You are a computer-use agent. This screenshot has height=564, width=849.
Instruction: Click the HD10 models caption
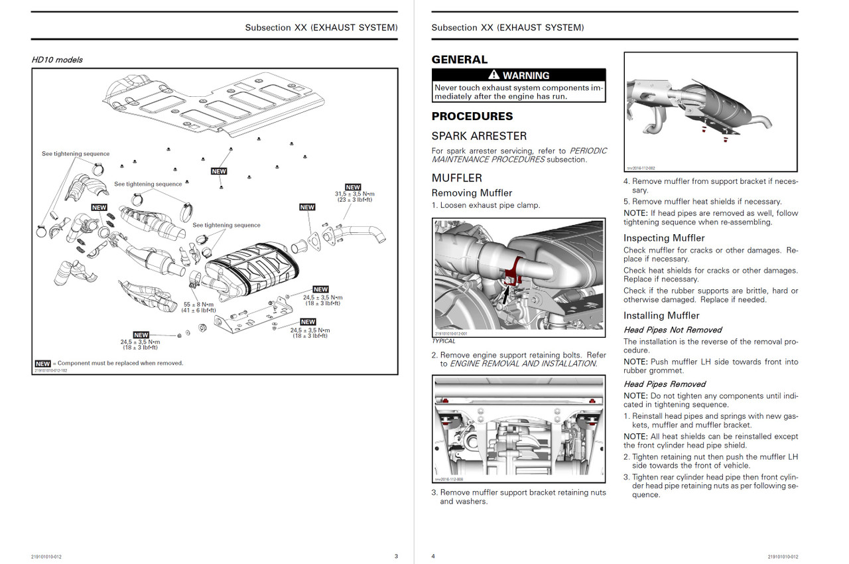[57, 60]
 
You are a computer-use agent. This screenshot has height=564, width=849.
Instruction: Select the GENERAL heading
[459, 60]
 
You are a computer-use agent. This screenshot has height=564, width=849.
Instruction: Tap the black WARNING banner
[519, 75]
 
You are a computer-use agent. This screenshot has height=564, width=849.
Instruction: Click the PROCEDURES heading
[472, 116]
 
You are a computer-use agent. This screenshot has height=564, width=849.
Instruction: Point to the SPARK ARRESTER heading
[479, 136]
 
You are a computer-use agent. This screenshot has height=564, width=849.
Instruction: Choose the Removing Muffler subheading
[472, 193]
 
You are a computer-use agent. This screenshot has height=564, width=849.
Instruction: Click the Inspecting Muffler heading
[664, 238]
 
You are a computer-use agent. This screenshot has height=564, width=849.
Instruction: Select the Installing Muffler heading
[661, 316]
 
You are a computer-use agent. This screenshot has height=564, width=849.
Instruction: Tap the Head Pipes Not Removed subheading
[673, 330]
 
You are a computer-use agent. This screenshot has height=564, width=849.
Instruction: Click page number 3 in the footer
[396, 556]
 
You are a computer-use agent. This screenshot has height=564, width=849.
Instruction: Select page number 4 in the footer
[433, 556]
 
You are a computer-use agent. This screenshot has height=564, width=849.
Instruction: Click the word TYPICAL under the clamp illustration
[444, 341]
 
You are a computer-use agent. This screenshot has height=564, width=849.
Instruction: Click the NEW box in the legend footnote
[43, 364]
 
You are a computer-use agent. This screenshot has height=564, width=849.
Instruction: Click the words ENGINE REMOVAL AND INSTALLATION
[523, 364]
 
